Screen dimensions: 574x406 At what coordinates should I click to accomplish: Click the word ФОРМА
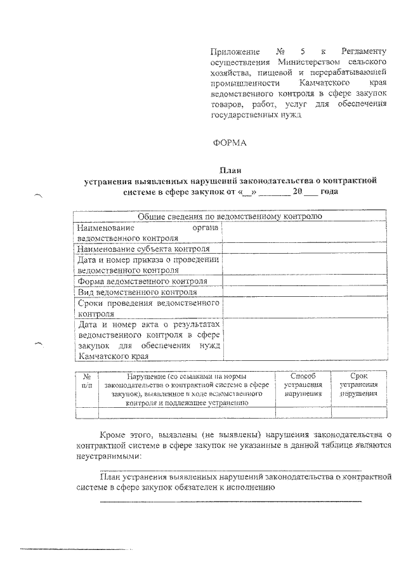[x=229, y=143]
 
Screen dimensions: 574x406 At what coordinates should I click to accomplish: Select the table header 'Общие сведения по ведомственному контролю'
[x=228, y=216]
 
